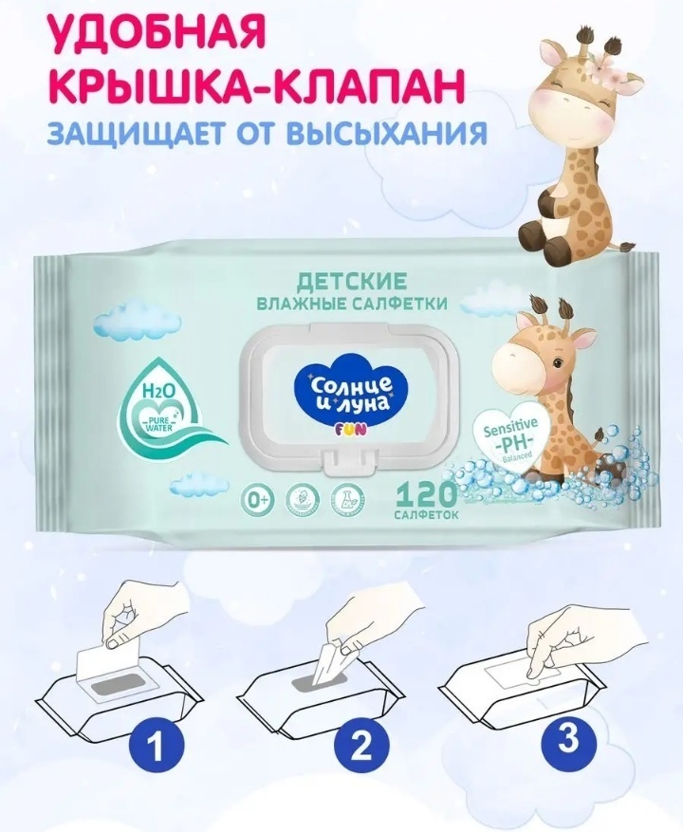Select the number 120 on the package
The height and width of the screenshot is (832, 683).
[426, 497]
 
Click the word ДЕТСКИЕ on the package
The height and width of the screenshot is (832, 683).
[351, 281]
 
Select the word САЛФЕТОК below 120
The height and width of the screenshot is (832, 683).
[426, 516]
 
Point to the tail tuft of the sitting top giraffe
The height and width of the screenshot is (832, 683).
[627, 246]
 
